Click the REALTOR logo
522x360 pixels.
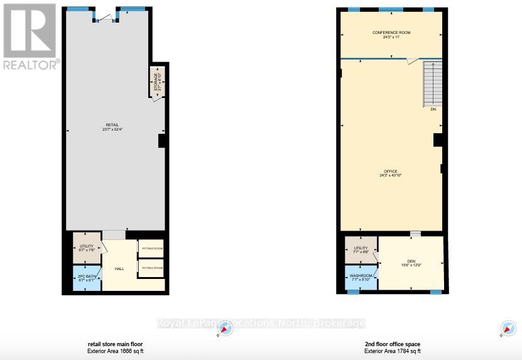30,36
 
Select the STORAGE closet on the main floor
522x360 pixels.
157,82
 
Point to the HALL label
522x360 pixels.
119,269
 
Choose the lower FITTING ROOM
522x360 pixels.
151,268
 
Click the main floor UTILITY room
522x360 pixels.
86,248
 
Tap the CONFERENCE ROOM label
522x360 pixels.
391,34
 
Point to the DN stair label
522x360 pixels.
433,109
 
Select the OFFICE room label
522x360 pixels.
391,173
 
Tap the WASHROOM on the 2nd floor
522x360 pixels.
361,278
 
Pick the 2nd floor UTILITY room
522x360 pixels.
361,249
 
